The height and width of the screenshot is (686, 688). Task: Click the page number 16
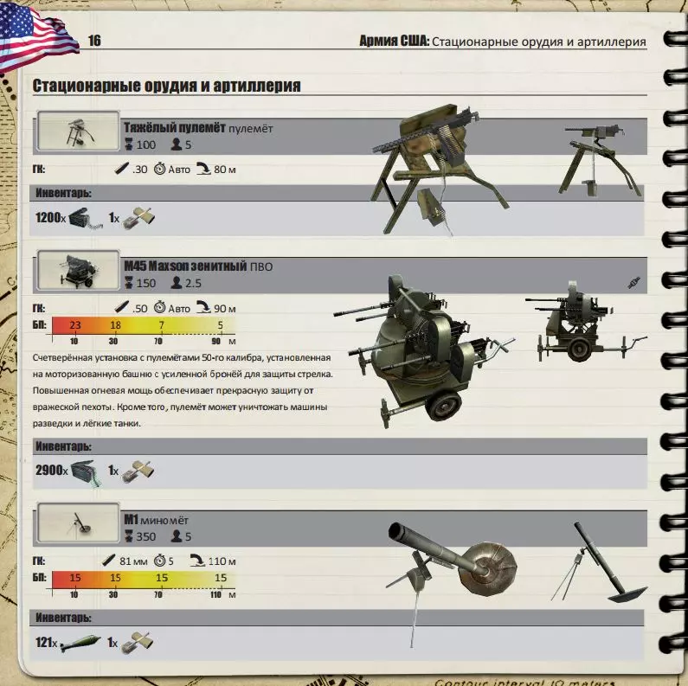[94, 41]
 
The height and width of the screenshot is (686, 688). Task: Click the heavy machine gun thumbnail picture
[78, 131]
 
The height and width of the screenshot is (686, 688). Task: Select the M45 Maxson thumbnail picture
[78, 270]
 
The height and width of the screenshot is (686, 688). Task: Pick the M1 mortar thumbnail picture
[78, 523]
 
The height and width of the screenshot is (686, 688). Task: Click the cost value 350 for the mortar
[145, 536]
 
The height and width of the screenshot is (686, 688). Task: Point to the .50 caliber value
[139, 309]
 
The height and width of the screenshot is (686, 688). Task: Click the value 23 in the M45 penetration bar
[75, 325]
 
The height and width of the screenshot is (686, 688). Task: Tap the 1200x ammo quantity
[50, 217]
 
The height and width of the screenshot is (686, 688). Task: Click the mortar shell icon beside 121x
[78, 643]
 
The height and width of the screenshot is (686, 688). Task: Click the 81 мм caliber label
[133, 561]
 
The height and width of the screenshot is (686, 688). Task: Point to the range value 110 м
[222, 561]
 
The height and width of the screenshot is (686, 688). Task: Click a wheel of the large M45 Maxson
[445, 407]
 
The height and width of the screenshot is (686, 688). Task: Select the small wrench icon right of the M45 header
[634, 283]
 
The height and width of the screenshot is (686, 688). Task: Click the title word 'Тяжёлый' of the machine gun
[149, 128]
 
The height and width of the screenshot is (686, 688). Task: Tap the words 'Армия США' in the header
[394, 41]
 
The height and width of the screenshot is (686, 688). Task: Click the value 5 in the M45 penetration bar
[221, 325]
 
